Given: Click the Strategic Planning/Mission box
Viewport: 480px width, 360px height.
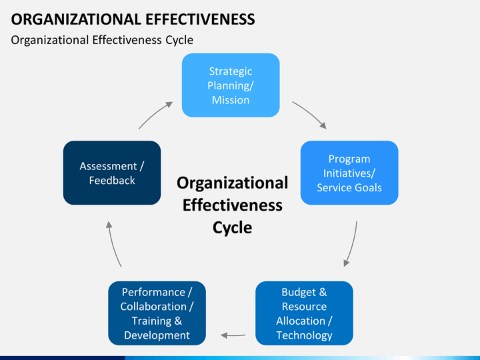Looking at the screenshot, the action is coord(231,85).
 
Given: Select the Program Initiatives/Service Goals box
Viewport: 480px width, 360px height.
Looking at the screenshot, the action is coord(349,173).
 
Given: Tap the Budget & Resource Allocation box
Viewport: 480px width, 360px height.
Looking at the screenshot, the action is coord(304,313).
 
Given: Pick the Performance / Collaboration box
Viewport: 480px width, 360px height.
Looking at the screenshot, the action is coord(157,313).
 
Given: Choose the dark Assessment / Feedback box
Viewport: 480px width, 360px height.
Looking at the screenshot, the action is coord(112,173).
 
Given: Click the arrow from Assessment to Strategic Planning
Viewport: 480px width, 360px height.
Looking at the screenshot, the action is coord(154,114).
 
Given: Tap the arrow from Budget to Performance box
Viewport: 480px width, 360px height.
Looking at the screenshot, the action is coord(233,335).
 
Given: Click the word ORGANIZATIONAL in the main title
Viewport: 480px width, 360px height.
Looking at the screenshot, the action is coord(76,19).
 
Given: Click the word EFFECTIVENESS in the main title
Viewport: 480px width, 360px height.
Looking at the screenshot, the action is coord(200,19).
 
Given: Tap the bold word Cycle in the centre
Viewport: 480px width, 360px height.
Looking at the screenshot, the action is coord(233,228).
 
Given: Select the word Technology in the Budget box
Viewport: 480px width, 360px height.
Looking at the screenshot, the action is coord(304,335).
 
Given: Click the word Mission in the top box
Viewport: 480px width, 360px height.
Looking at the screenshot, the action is coord(231,100).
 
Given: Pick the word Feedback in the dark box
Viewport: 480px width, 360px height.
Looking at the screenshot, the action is coord(112,181).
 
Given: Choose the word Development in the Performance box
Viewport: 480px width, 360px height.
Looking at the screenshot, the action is coord(157,335).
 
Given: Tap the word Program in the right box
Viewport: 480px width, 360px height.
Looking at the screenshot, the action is coord(349,159).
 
